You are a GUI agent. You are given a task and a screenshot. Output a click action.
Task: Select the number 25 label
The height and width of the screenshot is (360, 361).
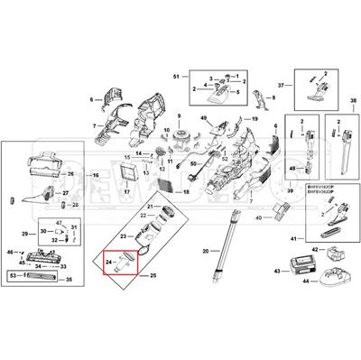tap(153, 273)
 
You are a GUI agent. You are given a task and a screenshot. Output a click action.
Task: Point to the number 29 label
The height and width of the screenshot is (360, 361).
tap(24, 234)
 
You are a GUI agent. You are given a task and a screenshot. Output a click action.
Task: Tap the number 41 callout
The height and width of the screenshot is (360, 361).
tap(292, 238)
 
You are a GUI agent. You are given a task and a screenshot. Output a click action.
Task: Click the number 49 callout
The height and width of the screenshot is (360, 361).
tap(204, 118)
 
